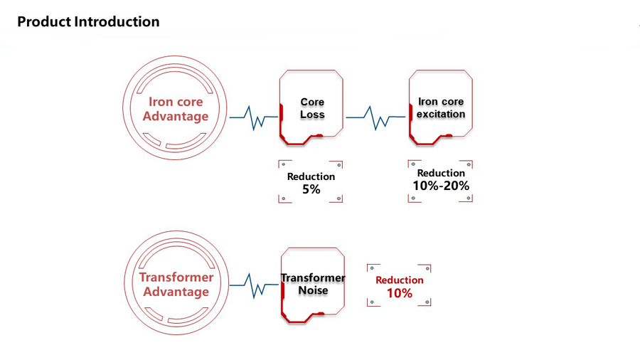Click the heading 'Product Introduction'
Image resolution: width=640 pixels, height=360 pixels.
pos(88,21)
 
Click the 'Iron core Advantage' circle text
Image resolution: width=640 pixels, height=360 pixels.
pos(175,109)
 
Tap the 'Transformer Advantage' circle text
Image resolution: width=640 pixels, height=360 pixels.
pos(176,285)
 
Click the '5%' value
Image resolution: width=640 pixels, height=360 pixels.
pos(311,189)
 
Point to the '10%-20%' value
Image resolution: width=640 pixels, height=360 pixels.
pos(441,186)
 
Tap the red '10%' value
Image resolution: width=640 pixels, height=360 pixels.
pos(400,293)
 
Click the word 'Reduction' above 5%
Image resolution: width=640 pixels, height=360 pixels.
pos(311,176)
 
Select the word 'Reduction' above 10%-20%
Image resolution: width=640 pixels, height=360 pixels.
pos(441,173)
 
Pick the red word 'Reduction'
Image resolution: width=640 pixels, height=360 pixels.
pos(400,280)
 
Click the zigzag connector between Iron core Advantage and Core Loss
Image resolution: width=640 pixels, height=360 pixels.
pos(253,118)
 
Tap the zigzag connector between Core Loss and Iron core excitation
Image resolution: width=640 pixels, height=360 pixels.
pos(376,118)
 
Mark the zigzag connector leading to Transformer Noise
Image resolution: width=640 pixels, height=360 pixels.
pos(254,285)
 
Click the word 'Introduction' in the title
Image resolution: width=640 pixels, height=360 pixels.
pos(117,21)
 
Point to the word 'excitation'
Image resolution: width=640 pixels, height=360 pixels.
pos(441,114)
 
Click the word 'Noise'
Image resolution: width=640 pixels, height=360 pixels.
pos(313,290)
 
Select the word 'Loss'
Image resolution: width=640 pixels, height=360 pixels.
pos(312,115)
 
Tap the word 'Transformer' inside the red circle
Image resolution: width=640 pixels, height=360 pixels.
pos(176,277)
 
